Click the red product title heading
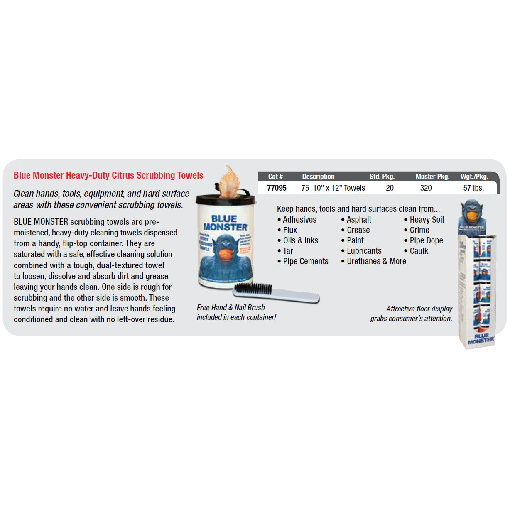[x=108, y=175]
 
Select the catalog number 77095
[x=277, y=188]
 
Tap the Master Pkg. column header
[x=432, y=177]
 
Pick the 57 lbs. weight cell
[x=473, y=188]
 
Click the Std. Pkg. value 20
[x=390, y=188]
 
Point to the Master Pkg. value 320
[x=426, y=188]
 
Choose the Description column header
[x=318, y=177]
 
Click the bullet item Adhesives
[x=299, y=220]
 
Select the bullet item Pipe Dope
[x=426, y=240]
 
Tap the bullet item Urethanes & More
[x=376, y=261]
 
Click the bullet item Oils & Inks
[x=300, y=240]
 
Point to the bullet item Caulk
[x=419, y=251]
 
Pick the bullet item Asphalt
[x=359, y=220]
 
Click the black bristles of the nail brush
[x=253, y=288]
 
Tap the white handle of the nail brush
[x=291, y=296]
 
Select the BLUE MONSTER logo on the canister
[x=225, y=223]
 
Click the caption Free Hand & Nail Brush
[x=231, y=308]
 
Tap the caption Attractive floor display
[x=419, y=309]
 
